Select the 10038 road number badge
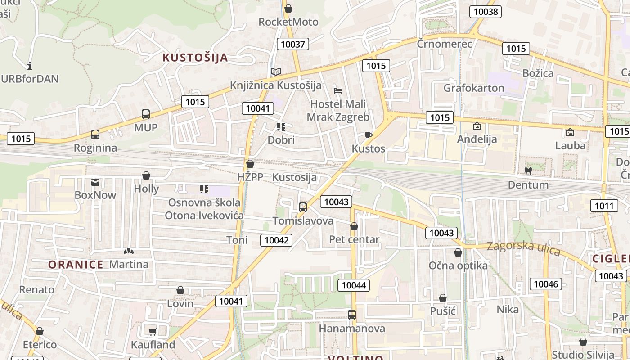[x=486, y=12]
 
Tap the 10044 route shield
[x=354, y=285]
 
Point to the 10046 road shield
[x=546, y=284]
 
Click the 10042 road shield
[x=276, y=240]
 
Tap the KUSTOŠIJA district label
[x=195, y=58]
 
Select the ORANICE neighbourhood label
[x=76, y=264]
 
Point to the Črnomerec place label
[x=444, y=44]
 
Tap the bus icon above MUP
[x=146, y=114]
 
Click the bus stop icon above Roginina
[x=95, y=135]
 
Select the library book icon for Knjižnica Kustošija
[x=275, y=72]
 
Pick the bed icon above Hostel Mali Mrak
[x=338, y=90]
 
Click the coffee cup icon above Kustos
[x=369, y=135]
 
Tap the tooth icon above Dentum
[x=528, y=171]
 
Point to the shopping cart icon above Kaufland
[x=153, y=332]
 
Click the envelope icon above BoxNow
[x=95, y=182]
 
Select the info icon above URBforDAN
[x=30, y=66]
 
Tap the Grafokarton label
[x=474, y=88]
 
